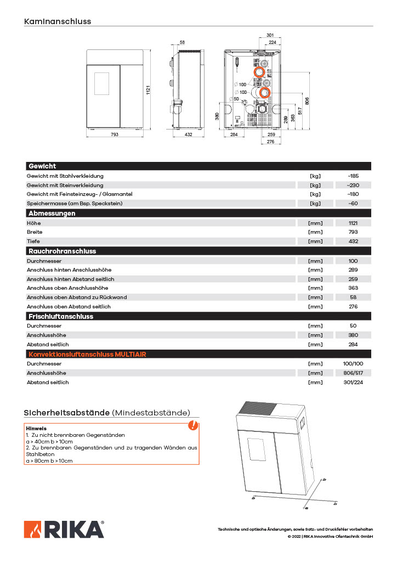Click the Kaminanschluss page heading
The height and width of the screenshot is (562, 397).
(58, 22)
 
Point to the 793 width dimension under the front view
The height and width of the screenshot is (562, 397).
(115, 134)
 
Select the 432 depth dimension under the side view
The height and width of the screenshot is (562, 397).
(188, 134)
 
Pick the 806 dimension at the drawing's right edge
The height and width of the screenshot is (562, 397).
(307, 100)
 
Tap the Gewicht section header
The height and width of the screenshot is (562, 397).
(42, 166)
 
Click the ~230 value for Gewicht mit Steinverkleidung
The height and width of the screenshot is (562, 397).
(353, 186)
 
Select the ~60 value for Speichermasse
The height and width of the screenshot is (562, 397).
(353, 204)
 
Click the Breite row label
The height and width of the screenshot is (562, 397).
(35, 232)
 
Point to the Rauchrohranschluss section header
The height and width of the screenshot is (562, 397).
(62, 251)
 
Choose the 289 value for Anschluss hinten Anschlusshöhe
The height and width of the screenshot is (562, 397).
(353, 270)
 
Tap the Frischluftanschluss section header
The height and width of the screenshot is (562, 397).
(61, 317)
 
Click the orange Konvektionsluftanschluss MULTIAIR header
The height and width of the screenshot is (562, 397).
(87, 355)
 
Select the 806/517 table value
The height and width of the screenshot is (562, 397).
(353, 373)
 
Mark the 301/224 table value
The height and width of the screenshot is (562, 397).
(353, 383)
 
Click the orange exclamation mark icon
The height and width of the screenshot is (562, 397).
(193, 425)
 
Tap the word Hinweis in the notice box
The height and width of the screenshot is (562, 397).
(36, 428)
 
